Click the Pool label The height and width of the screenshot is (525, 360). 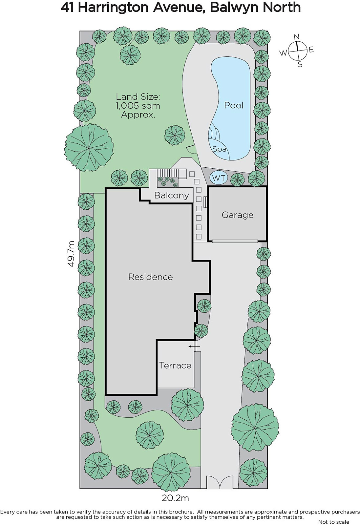click(234, 105)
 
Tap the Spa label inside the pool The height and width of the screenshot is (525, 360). click(219, 149)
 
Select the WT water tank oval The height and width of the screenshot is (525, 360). click(219, 178)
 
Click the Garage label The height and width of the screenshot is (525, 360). click(237, 215)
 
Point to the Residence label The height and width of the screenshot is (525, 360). click(151, 277)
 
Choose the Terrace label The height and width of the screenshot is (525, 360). click(175, 366)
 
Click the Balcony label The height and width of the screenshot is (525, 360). click(172, 196)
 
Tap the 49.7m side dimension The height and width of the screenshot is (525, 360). click(71, 254)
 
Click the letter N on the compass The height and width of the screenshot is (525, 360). click(297, 37)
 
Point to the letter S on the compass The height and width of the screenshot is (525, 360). click(300, 64)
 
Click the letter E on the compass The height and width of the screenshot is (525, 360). click(311, 50)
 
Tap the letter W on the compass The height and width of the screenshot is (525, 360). click(283, 53)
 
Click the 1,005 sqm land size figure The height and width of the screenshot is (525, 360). click(138, 106)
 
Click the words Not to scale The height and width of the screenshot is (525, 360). click(333, 522)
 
